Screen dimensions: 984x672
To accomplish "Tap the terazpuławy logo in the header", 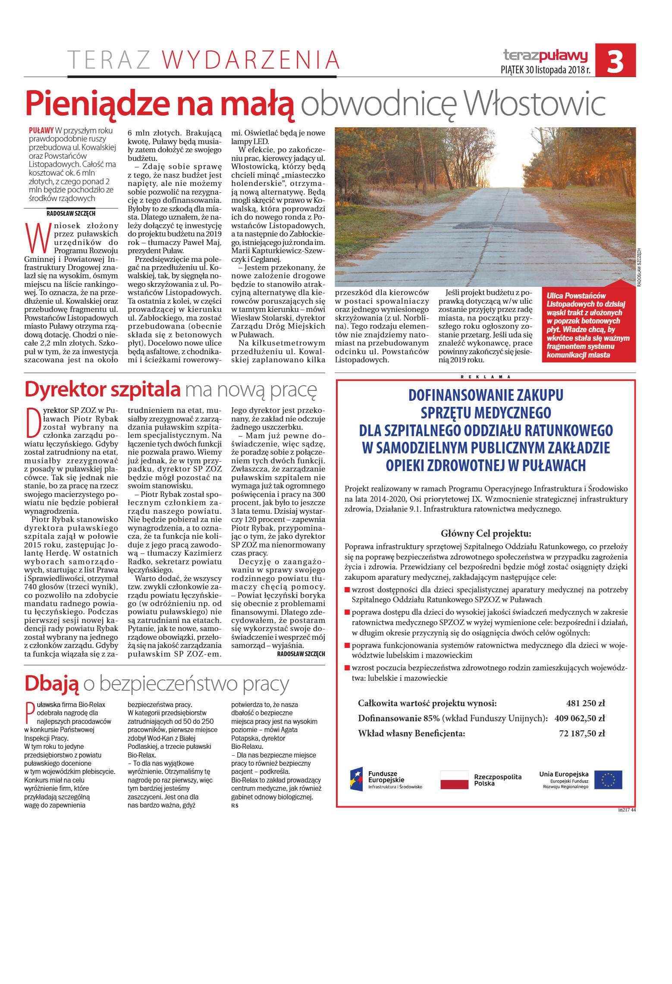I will tap(545, 55).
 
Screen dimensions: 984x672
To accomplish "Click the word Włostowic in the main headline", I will tap(534, 104).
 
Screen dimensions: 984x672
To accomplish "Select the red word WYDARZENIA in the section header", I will tap(251, 60).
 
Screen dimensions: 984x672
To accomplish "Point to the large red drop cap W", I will tap(38, 238).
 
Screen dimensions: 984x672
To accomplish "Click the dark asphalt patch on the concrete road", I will tap(505, 225).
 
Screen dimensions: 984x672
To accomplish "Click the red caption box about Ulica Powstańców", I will tap(588, 325).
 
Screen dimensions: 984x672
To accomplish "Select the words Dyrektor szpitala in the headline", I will tap(103, 389).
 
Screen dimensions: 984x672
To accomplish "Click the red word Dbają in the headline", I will tap(52, 683).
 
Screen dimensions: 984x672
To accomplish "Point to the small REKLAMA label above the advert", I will tap(485, 377).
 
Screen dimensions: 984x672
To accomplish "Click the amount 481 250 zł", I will tap(585, 703).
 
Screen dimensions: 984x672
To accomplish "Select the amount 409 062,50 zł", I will tap(579, 718).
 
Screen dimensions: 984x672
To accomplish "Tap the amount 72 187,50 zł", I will tap(581, 733).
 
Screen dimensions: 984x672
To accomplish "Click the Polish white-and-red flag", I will tap(454, 780).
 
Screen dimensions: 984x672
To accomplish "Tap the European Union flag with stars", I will tap(608, 780).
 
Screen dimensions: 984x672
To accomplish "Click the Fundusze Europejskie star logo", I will tap(356, 779).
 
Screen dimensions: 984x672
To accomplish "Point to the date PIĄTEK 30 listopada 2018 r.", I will tap(545, 70).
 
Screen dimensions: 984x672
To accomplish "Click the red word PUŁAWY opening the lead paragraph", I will tap(41, 130).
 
